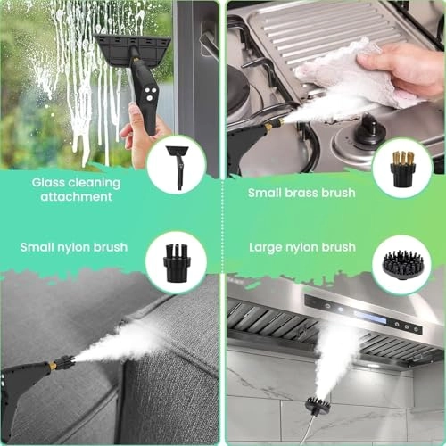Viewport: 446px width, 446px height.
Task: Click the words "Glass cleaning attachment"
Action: pyautogui.click(x=76, y=189)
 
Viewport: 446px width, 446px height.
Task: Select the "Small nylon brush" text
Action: pyautogui.click(x=74, y=247)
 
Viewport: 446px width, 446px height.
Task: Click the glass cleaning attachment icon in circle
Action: pyautogui.click(x=177, y=164)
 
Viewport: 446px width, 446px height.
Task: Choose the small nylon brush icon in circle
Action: pyautogui.click(x=177, y=261)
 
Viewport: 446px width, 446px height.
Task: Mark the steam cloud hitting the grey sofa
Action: pyautogui.click(x=116, y=343)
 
